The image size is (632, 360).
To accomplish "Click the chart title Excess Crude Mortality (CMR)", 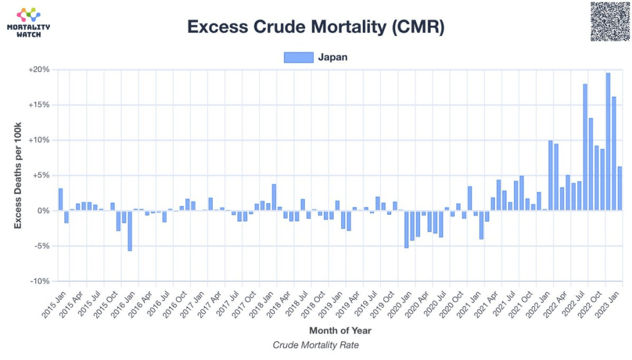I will click(x=315, y=27).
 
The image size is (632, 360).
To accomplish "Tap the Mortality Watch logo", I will click(x=28, y=22).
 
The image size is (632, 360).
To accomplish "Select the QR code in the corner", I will click(x=609, y=22).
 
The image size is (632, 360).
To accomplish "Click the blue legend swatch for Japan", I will click(x=299, y=57).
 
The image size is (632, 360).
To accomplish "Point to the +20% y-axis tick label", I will click(x=38, y=70).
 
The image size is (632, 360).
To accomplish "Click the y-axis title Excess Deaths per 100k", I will click(x=18, y=175).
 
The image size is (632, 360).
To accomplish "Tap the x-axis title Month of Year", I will click(x=340, y=330).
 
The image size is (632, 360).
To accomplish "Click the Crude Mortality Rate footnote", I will click(x=315, y=345).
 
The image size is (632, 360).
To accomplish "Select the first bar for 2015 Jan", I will click(x=60, y=199).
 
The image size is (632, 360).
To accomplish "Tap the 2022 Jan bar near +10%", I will click(x=551, y=175).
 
